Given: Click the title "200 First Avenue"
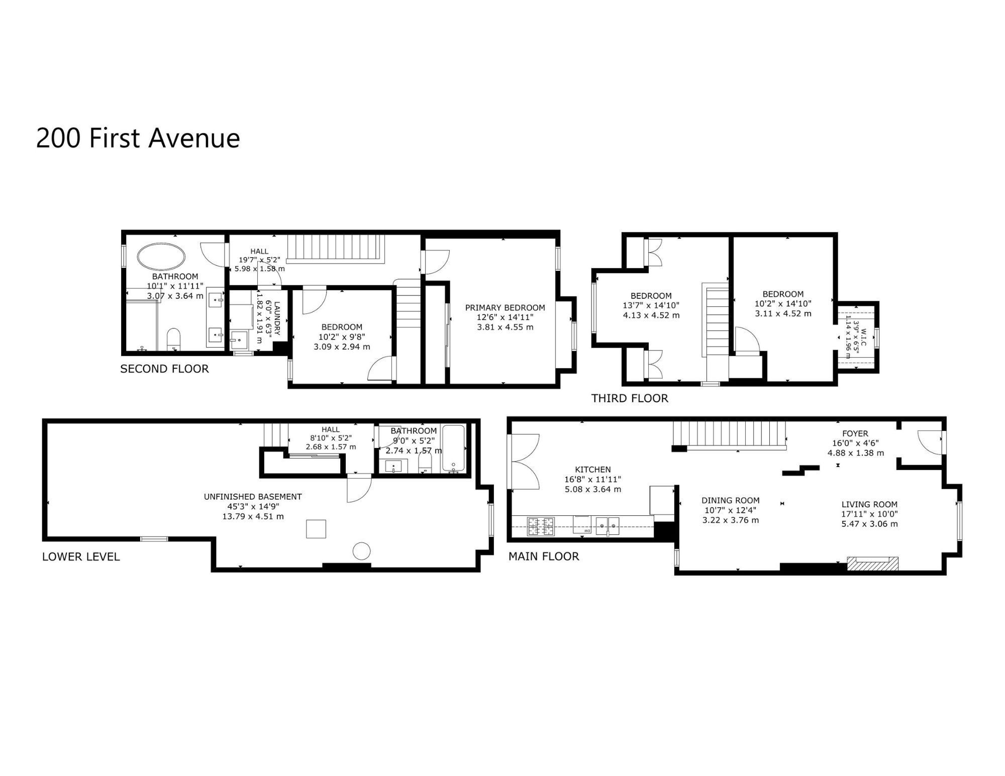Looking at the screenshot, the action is pyautogui.click(x=138, y=138).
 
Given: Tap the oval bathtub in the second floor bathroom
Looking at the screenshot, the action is pyautogui.click(x=161, y=257).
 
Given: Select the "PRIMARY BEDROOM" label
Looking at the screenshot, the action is pyautogui.click(x=505, y=307).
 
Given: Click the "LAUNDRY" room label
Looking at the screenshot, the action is pyautogui.click(x=276, y=319).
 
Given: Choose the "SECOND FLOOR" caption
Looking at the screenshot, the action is pyautogui.click(x=164, y=369).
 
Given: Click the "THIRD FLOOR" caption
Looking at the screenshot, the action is pyautogui.click(x=630, y=398).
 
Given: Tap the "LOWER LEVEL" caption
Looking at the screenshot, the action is pyautogui.click(x=81, y=557).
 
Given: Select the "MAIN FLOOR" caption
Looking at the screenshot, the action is pyautogui.click(x=544, y=556).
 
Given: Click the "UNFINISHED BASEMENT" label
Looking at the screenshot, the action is pyautogui.click(x=253, y=497).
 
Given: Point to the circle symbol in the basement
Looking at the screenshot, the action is pyautogui.click(x=361, y=551).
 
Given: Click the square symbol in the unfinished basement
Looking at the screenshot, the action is pyautogui.click(x=316, y=529).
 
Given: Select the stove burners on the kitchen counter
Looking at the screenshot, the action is pyautogui.click(x=541, y=526).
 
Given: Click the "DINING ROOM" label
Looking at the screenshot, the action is pyautogui.click(x=731, y=500).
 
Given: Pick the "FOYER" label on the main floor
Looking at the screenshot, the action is pyautogui.click(x=855, y=433).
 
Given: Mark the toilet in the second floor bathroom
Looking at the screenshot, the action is pyautogui.click(x=173, y=339).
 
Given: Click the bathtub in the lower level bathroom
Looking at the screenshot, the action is pyautogui.click(x=453, y=449).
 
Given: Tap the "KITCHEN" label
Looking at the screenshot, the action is pyautogui.click(x=593, y=470).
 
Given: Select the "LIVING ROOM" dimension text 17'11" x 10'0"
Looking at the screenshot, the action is pyautogui.click(x=870, y=514).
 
